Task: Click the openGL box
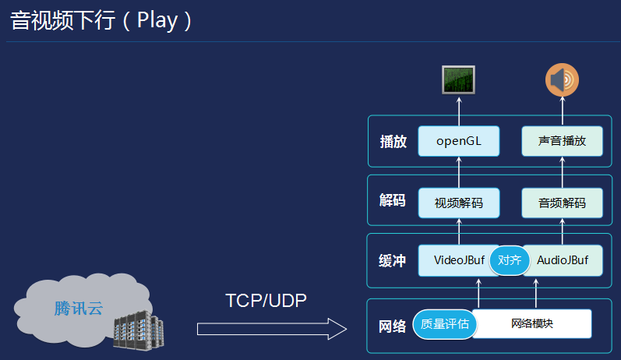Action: (458, 141)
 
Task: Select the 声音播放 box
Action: (562, 141)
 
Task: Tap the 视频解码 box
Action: (458, 203)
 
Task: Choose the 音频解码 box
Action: (562, 203)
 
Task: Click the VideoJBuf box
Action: (456, 260)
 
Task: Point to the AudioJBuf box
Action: (563, 260)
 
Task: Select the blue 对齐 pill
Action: (510, 260)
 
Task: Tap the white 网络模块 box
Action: (532, 323)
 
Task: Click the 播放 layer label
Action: (393, 142)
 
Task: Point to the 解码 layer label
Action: (393, 200)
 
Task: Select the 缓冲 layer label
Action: (393, 261)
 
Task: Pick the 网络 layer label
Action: (393, 326)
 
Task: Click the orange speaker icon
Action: (562, 80)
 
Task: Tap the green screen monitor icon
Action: (458, 79)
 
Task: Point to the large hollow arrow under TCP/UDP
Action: (271, 329)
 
